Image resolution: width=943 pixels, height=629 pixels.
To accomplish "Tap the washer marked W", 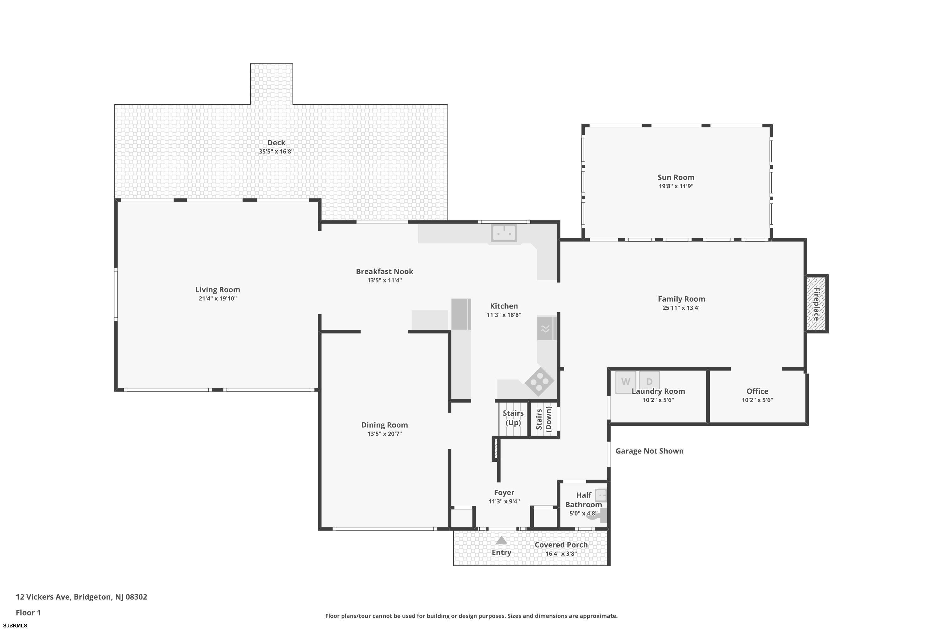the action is coord(626,382).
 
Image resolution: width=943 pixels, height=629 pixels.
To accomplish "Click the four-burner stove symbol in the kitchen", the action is coord(539,382).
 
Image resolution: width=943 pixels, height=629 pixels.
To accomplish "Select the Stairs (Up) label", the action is coord(513,418).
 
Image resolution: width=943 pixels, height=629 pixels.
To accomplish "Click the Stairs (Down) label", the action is coord(544,419).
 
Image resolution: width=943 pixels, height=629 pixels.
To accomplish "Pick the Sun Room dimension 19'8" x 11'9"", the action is coord(676,186).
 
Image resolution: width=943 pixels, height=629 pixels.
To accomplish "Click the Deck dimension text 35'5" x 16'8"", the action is coord(276,152).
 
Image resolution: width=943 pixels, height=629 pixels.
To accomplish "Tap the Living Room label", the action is coord(218,290).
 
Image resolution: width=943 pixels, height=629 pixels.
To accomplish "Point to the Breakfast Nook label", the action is coord(384,272).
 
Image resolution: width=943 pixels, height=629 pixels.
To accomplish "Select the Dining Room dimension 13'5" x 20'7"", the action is coord(384,434).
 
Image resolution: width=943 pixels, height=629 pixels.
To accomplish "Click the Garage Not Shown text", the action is coord(649,451).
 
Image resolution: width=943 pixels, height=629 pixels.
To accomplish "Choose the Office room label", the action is coord(757,391).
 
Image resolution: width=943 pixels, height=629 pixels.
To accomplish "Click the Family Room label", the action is coord(681,299).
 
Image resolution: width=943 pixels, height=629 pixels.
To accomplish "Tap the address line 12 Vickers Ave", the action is coord(81,597).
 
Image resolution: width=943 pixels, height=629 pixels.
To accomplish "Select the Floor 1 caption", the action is coord(28,613).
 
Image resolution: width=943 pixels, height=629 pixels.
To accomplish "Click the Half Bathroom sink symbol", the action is coord(601,495).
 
